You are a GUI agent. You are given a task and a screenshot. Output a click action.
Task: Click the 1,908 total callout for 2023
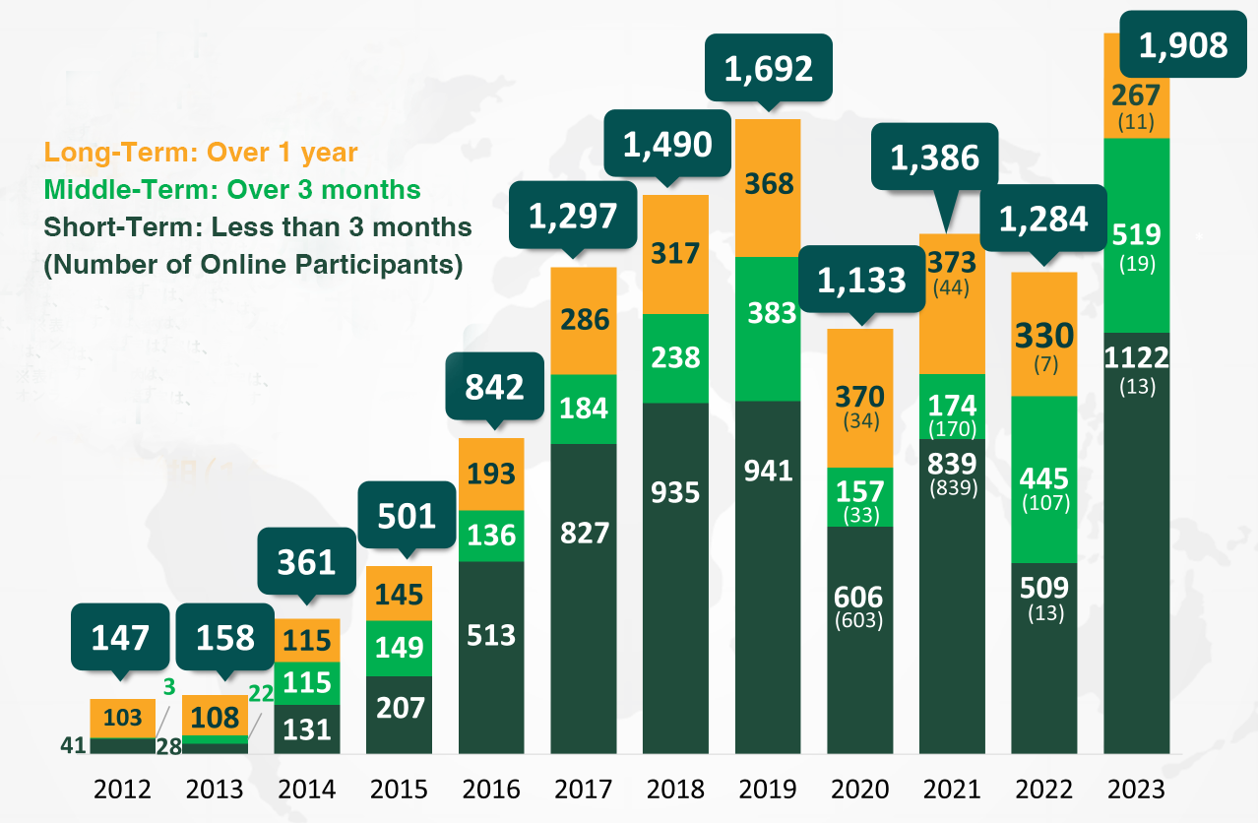[1183, 45]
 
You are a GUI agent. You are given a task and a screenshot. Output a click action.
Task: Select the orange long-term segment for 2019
[769, 187]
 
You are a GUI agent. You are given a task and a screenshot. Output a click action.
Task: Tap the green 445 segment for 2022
[1044, 478]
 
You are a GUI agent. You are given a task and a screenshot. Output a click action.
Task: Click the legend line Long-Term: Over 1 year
[201, 153]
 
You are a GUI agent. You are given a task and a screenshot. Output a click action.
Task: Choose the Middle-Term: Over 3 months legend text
[232, 190]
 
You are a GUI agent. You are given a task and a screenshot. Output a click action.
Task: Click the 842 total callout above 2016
[494, 387]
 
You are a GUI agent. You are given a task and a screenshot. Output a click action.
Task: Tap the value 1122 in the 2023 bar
[1136, 357]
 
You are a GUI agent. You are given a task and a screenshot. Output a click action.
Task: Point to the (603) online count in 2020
[858, 621]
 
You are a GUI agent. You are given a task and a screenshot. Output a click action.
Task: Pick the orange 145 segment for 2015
[400, 594]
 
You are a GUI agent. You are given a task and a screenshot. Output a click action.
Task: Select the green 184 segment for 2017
[584, 409]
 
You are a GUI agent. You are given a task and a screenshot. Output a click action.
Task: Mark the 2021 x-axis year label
[951, 790]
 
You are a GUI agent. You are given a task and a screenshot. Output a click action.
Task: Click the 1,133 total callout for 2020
[860, 281]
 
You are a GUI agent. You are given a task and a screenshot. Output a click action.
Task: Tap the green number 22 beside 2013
[261, 694]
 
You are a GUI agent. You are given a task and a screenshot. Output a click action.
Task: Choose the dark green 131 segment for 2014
[306, 728]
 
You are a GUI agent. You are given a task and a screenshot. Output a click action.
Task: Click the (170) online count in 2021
[951, 428]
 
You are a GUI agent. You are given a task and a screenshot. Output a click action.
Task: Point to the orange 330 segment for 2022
[1044, 334]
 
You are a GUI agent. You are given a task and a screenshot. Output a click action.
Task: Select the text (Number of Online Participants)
[253, 265]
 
